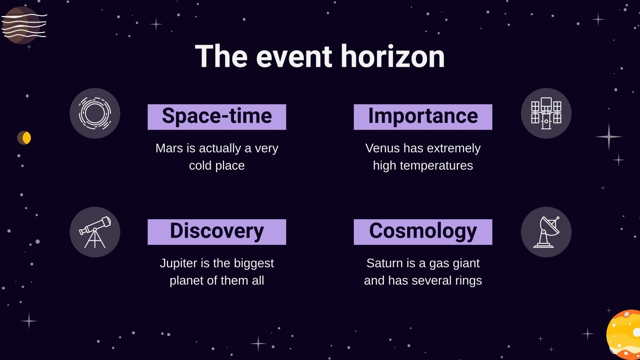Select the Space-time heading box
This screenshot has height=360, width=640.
[x=217, y=117]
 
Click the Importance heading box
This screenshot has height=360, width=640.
[x=423, y=117]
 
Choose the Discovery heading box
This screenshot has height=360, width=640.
[x=217, y=232]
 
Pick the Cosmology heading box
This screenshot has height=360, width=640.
[x=423, y=232]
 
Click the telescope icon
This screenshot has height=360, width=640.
[x=95, y=232]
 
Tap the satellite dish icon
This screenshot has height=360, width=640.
[x=546, y=232]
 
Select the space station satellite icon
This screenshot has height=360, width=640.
[x=546, y=113]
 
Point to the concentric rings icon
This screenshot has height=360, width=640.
[x=95, y=113]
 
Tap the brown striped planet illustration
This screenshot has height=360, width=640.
[x=22, y=25]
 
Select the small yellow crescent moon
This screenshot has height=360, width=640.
[x=25, y=138]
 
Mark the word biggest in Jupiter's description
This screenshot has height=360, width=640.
[x=254, y=263]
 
